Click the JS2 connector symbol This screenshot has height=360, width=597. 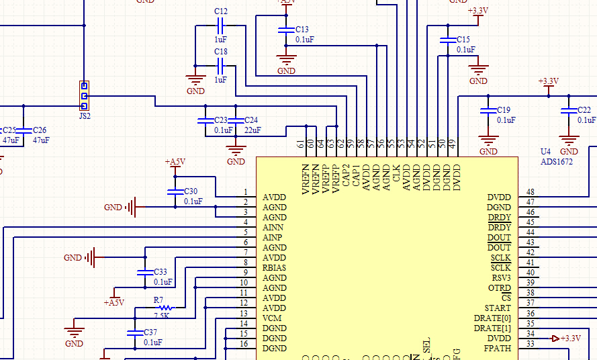coord(84,95)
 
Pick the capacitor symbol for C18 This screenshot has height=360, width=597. coord(220,66)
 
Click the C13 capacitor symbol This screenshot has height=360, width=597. coord(287,30)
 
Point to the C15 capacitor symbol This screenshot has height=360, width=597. coord(445,40)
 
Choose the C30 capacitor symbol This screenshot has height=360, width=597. coord(175,192)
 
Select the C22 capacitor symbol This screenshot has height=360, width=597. coord(569,110)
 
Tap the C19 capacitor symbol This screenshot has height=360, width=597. coord(488,110)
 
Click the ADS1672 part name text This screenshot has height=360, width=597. coord(557,162)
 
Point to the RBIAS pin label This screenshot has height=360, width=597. coord(275,268)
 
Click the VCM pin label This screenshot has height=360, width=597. coord(272,318)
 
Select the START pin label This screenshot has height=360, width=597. coord(498,308)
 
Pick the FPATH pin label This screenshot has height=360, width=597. coord(497,349)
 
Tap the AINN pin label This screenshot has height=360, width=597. coord(273,228)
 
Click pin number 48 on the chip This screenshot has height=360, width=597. coord(531,192)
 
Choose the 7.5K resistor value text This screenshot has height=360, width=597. coord(161,316)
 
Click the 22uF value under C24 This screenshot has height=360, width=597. coord(252,130)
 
